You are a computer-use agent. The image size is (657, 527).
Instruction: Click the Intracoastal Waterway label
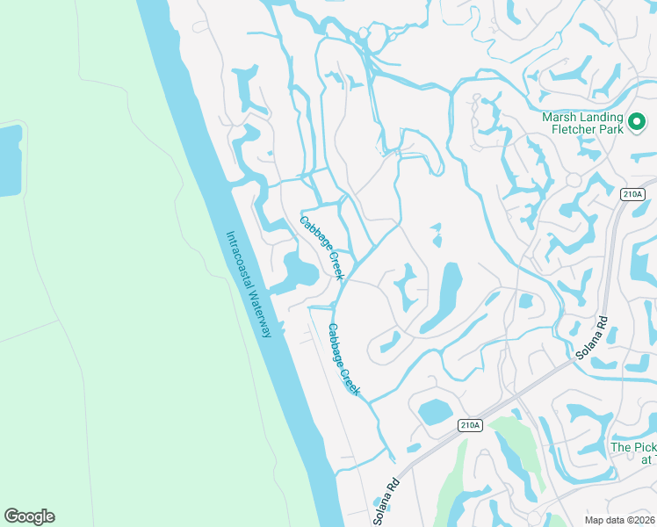point(250,284)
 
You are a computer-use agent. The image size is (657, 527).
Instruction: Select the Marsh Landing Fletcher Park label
point(582,124)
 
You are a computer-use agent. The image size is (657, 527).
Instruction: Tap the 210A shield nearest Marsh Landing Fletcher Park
point(633,195)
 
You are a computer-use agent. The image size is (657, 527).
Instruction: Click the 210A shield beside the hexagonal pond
point(470,425)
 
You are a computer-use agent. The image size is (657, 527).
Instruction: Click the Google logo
point(29,516)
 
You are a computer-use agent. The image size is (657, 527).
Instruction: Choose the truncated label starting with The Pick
point(633,453)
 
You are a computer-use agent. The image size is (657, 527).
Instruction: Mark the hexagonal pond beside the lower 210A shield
point(434,411)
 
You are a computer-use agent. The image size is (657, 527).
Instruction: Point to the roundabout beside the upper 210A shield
point(574,180)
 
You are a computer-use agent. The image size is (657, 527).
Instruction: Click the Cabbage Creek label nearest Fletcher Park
point(321,248)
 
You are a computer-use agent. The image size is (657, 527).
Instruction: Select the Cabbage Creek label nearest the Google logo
point(344,358)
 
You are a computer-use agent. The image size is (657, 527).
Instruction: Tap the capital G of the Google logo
point(11,516)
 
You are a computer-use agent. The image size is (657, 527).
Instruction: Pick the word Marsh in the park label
point(560,118)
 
